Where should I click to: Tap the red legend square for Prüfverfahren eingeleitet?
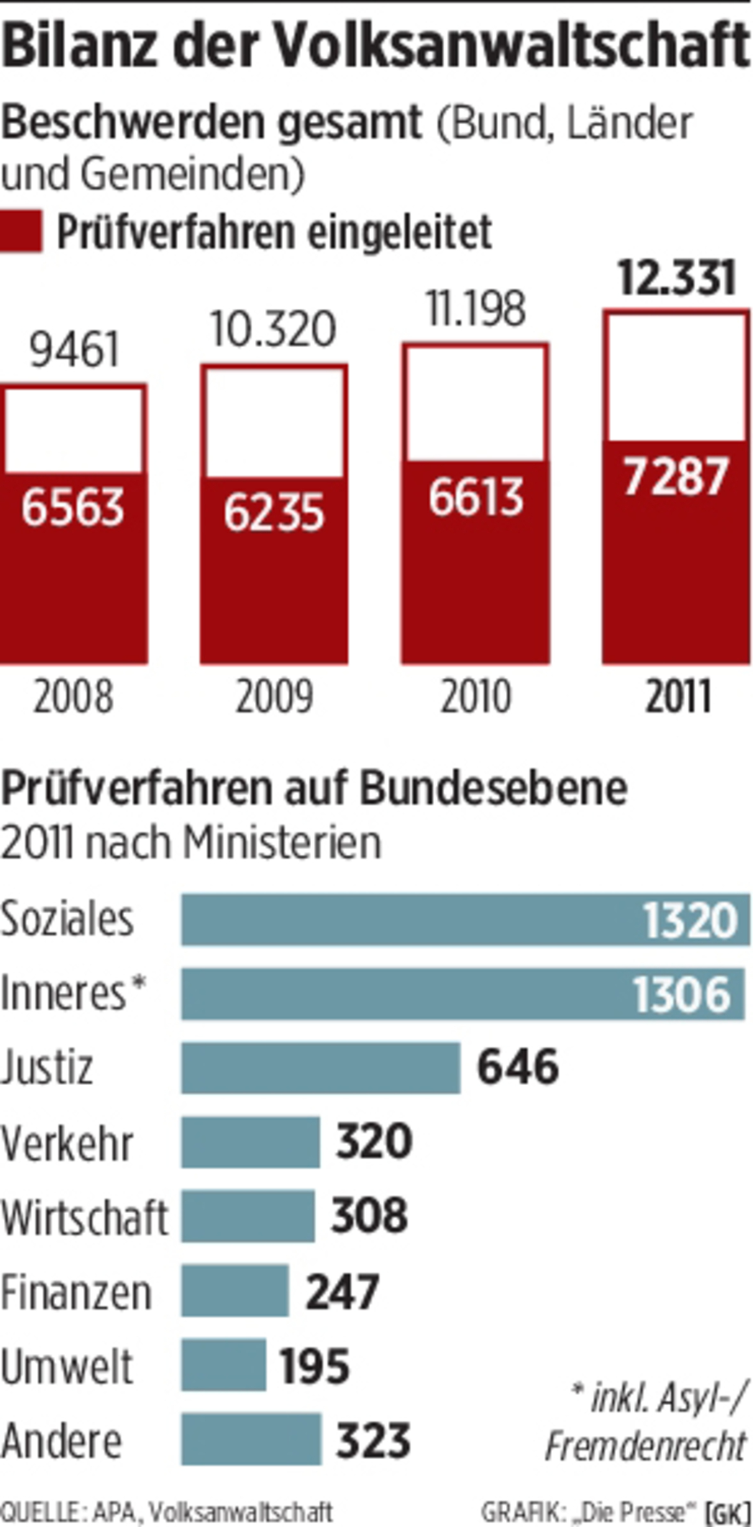pos(21,232)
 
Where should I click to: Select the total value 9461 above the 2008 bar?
pos(74,350)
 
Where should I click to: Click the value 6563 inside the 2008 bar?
pos(73,507)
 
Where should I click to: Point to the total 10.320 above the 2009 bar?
pos(274,330)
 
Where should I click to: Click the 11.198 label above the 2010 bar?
pos(476,309)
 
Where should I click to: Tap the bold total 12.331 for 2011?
pos(676,279)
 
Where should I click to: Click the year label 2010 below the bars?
pos(476,697)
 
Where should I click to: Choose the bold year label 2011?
pos(678,697)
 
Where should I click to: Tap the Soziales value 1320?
pos(690,921)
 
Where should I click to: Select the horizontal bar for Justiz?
pos(321,1068)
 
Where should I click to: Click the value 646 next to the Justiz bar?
pos(518,1068)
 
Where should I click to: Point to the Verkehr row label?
pos(67,1144)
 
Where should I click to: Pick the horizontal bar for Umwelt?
pos(223,1364)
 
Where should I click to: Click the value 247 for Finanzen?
pos(342,1291)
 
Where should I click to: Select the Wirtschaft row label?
pos(85,1217)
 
